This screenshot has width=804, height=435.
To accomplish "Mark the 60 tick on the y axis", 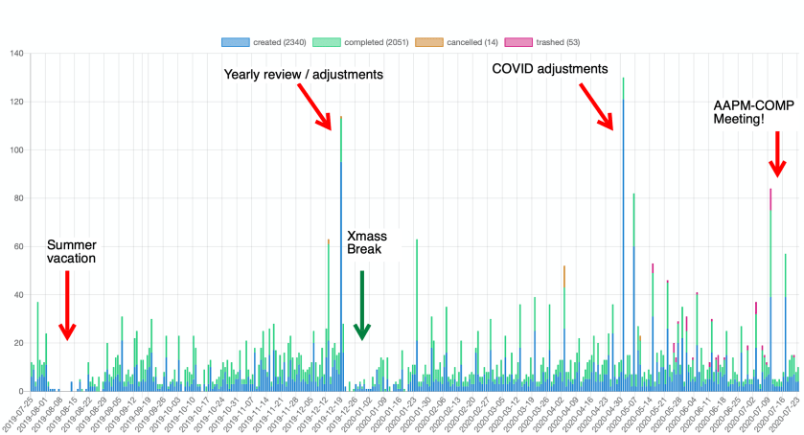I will click(x=19, y=246).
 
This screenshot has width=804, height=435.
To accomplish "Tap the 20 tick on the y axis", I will click(x=19, y=343).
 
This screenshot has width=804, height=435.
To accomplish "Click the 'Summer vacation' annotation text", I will click(x=72, y=251).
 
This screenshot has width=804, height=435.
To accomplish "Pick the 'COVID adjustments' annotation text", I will click(x=550, y=69).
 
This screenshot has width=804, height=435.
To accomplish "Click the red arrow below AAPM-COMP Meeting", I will click(x=776, y=153).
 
